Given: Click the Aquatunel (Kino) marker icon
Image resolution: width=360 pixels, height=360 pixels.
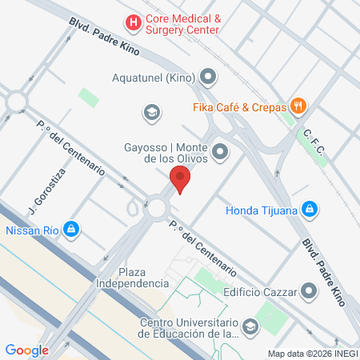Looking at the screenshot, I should pos(209,78).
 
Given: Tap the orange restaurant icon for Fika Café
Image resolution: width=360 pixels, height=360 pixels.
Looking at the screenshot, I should pos(298,105).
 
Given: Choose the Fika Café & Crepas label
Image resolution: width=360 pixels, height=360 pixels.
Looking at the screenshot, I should pos(238,105).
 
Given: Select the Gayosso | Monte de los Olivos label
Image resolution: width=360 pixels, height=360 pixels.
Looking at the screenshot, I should pos(166,153).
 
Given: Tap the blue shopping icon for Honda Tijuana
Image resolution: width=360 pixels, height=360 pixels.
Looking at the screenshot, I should pos(311,210).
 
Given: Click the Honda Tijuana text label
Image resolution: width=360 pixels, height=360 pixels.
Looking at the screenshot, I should pos(261,210).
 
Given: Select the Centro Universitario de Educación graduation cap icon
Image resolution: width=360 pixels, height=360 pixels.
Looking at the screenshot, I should pos(250,326).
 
